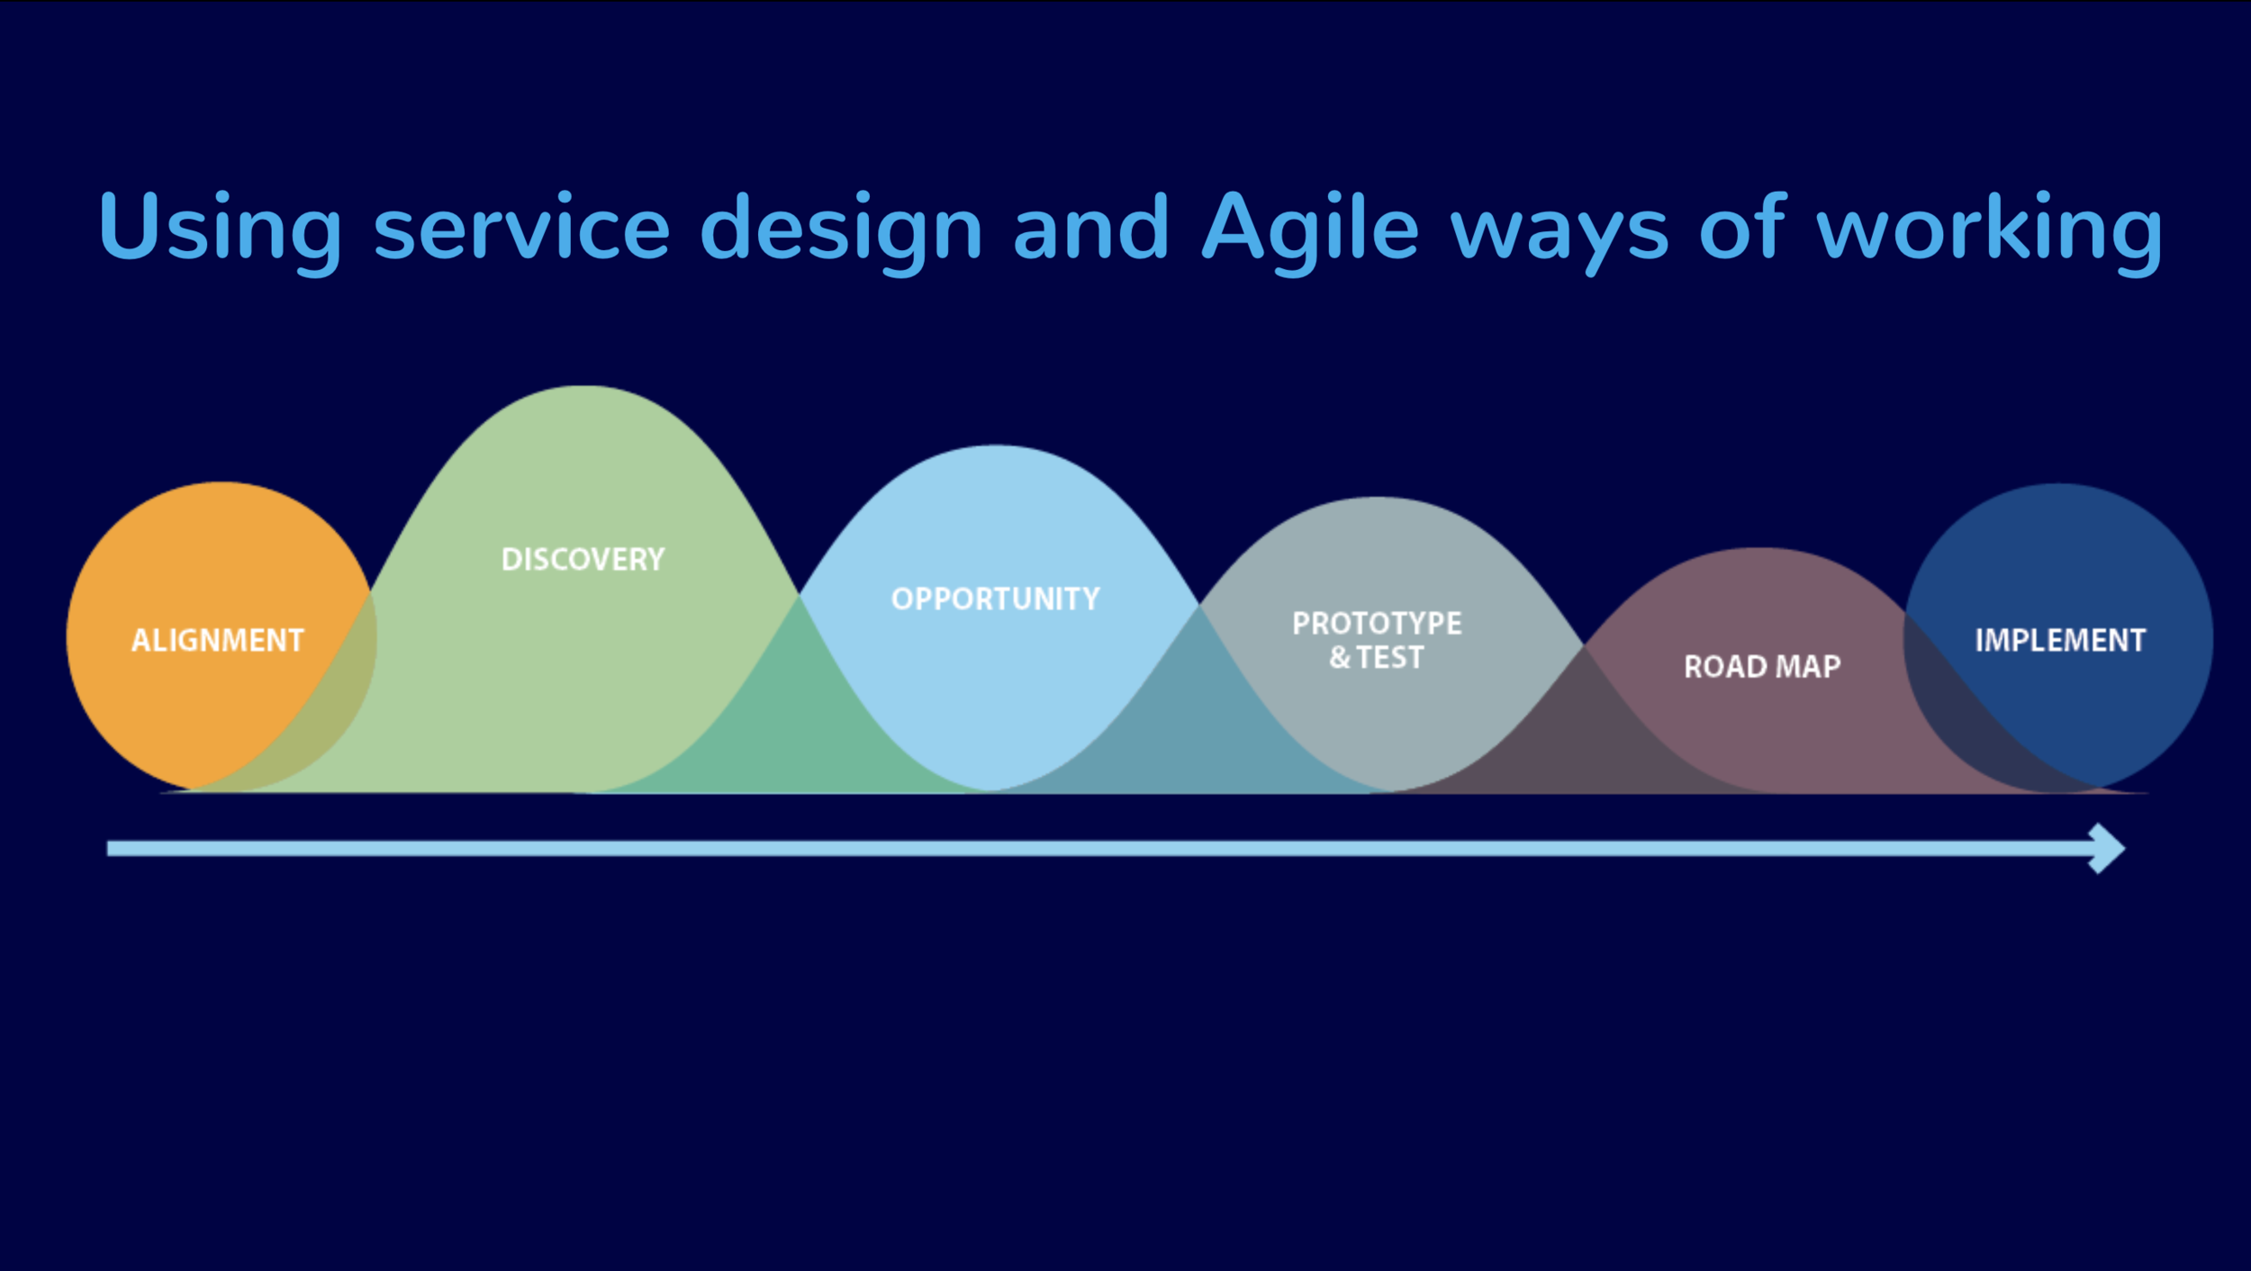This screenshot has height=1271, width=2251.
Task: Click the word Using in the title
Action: (x=220, y=228)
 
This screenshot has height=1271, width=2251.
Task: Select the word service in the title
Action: (x=521, y=228)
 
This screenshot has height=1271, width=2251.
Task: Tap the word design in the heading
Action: (x=840, y=228)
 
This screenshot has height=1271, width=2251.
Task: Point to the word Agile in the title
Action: (x=1310, y=228)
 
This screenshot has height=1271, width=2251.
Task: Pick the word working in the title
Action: (x=1989, y=228)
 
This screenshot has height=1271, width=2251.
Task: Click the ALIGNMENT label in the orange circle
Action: (x=218, y=640)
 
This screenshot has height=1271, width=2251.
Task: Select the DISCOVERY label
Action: (x=583, y=559)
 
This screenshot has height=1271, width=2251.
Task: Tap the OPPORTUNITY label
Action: (x=995, y=599)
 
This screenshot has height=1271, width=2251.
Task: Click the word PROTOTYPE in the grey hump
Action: (x=1377, y=623)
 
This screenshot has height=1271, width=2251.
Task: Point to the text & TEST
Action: (x=1377, y=658)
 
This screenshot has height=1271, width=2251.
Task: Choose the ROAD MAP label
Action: (x=1762, y=667)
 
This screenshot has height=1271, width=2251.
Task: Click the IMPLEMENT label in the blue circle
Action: (x=2060, y=640)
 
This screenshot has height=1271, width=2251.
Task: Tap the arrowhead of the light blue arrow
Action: (x=2107, y=849)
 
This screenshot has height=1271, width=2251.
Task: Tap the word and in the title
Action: (x=1090, y=228)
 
